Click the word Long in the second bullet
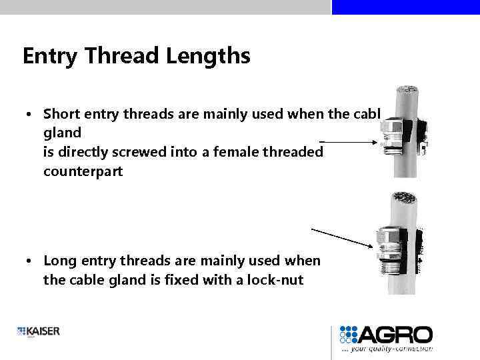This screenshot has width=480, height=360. pos(59,261)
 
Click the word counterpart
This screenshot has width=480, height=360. pos(82,171)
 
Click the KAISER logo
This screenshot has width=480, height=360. pos(38,331)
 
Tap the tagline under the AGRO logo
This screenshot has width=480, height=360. pos(387,348)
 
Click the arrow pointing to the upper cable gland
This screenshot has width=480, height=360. pos(347,141)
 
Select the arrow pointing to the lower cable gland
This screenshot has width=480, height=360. pos(342,237)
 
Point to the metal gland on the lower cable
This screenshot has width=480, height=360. pos(386,246)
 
